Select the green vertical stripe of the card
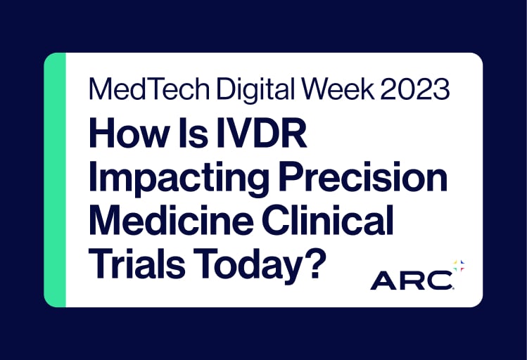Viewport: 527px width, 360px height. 55,179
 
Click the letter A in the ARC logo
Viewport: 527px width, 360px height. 385,280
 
